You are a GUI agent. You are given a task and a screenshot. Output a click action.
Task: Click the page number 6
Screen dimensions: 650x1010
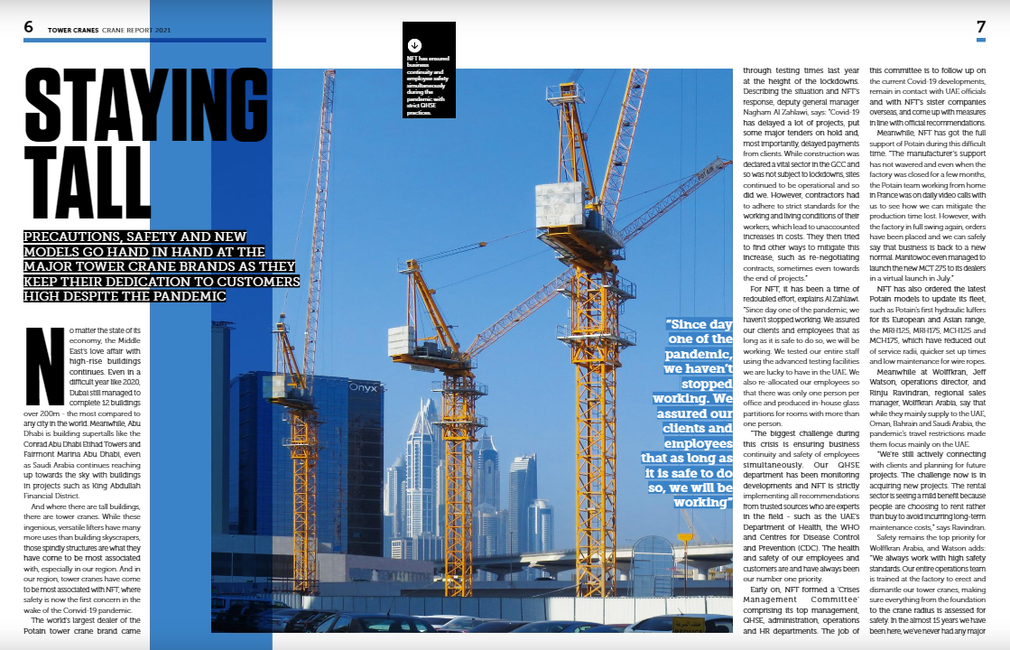click(x=29, y=27)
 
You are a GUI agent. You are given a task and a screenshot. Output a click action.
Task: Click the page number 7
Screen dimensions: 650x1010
click(x=980, y=27)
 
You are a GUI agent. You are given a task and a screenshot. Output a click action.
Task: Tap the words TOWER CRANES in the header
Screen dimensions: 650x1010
click(x=72, y=30)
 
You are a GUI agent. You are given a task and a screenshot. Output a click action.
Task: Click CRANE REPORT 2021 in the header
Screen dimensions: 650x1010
click(x=136, y=30)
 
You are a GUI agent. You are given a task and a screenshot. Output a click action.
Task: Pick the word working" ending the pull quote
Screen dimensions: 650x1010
click(x=702, y=502)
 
